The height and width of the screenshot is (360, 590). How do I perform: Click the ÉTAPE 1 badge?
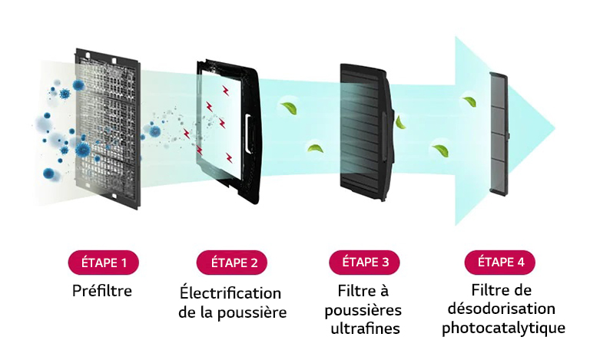tap(103, 262)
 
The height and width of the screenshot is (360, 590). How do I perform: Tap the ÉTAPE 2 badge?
tap(233, 263)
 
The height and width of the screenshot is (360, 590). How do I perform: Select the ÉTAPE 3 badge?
tap(364, 262)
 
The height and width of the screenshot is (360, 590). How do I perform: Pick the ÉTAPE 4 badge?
tap(499, 262)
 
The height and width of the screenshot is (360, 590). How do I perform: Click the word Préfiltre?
tap(102, 291)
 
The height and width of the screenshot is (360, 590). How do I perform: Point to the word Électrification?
tap(230, 293)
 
